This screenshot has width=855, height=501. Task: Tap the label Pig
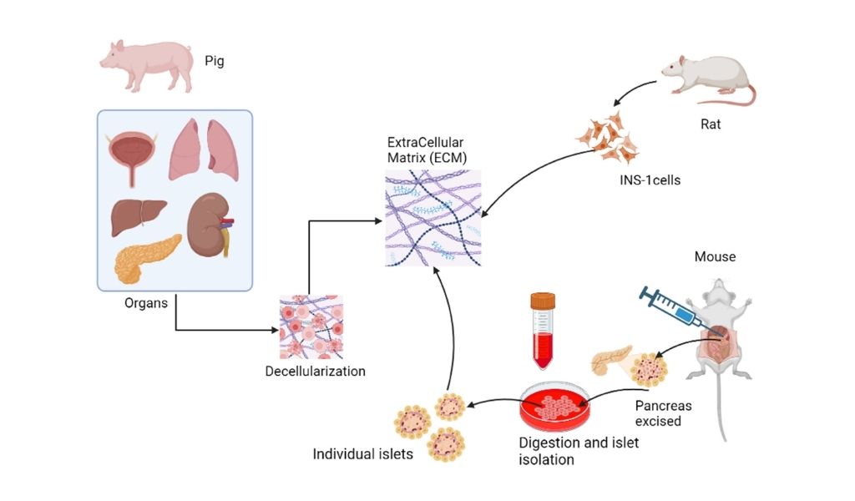[215, 61]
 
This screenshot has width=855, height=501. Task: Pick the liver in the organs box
[141, 215]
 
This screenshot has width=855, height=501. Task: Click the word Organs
[146, 303]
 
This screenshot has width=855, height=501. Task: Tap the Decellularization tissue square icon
[310, 326]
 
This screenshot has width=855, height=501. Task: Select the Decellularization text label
[315, 371]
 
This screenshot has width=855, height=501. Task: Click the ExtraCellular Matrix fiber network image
[433, 218]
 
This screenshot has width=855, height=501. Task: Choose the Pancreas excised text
[664, 413]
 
